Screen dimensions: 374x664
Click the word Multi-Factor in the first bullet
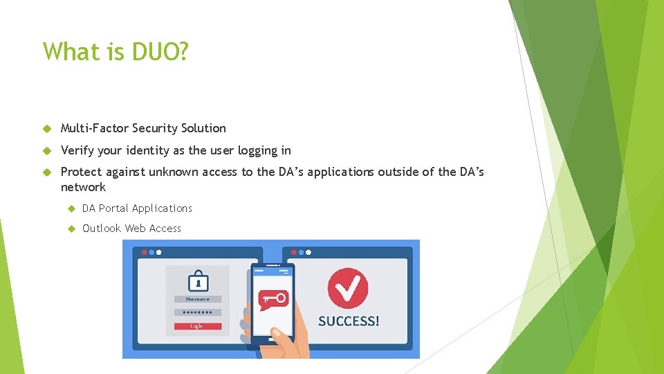(x=95, y=128)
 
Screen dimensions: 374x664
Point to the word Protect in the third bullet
(x=81, y=172)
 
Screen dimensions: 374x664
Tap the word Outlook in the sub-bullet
(x=102, y=229)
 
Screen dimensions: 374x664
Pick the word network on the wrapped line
(x=83, y=187)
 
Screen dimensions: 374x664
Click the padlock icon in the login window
(x=198, y=281)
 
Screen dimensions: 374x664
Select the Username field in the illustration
(x=198, y=299)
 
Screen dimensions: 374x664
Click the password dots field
(x=198, y=312)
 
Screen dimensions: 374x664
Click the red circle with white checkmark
(x=348, y=287)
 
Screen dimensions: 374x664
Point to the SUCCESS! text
(x=349, y=321)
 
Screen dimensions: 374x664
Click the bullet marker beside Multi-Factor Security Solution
(x=47, y=129)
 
